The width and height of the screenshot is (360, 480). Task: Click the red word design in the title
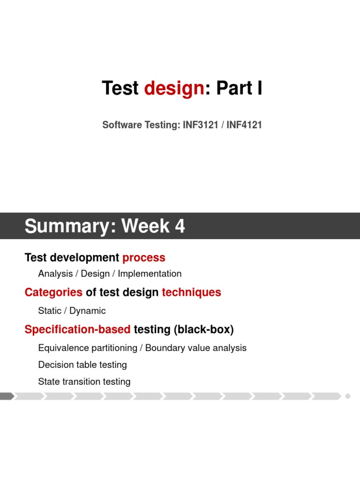point(174,89)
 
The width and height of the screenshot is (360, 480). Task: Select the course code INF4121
point(245,125)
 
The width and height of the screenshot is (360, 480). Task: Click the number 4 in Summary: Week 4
point(180,226)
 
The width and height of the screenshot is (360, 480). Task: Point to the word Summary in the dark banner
point(70,226)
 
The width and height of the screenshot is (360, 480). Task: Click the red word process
point(144,257)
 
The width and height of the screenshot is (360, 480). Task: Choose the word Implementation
point(150,273)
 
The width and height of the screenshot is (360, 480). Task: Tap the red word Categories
point(53,292)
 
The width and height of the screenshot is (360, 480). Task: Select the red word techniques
point(191,292)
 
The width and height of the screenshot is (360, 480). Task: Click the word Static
point(50,311)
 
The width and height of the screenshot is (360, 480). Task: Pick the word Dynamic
point(88,311)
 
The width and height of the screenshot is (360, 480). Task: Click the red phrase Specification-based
point(77,330)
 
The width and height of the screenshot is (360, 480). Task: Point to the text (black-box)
point(203,330)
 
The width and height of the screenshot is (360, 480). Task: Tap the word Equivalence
point(61,348)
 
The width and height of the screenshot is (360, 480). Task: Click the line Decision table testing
point(82,365)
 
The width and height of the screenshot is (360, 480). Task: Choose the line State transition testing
point(84,382)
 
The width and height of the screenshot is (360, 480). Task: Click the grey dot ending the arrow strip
point(348,396)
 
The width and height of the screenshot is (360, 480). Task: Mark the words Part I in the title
point(239,89)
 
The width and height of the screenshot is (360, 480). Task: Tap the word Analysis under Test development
point(55,273)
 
